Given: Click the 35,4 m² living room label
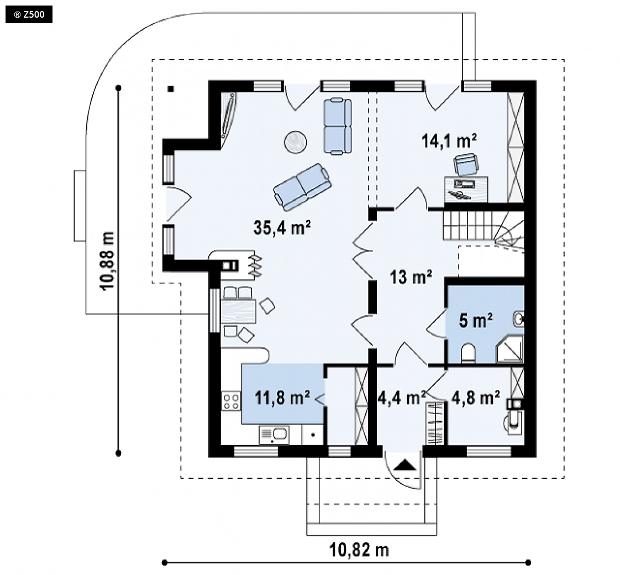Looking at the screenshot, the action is (x=282, y=228).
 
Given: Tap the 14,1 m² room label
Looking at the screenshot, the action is (x=449, y=140).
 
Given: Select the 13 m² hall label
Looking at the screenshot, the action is (x=411, y=277).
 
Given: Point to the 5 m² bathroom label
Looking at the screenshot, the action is (x=476, y=320).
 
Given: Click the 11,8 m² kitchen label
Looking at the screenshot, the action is (x=282, y=398).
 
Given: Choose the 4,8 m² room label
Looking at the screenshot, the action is (x=476, y=398).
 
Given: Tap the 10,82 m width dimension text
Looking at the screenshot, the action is (x=359, y=550).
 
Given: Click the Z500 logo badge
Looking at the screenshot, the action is (x=29, y=15).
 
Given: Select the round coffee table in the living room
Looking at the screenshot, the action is (x=296, y=142).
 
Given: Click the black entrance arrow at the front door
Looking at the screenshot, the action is (x=405, y=464).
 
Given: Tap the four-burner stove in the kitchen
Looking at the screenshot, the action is (x=231, y=401).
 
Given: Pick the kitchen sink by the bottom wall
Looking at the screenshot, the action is (x=274, y=435).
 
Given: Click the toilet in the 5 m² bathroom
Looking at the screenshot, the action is (x=468, y=353).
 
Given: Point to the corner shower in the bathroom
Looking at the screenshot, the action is (x=510, y=349).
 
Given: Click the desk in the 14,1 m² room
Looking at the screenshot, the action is (x=466, y=189).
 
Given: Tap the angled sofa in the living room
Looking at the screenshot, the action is (x=302, y=187).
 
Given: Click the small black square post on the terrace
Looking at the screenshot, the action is (x=170, y=89).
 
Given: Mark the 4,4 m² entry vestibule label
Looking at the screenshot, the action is (x=402, y=398).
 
